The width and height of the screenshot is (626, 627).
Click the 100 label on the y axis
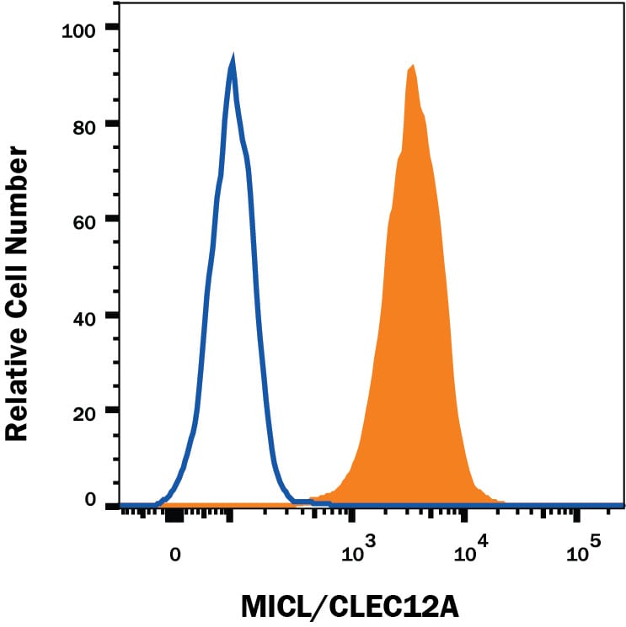[78, 31]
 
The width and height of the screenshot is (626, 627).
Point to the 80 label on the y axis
[84, 128]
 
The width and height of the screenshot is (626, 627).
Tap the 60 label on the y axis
[84, 222]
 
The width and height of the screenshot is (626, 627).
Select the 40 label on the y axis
[84, 319]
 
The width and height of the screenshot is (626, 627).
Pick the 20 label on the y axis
[84, 413]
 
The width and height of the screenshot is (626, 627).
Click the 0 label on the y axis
[90, 499]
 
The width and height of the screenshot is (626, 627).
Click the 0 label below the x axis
[175, 555]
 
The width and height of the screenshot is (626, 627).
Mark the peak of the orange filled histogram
[412, 65]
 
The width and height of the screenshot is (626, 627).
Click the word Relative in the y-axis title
[16, 372]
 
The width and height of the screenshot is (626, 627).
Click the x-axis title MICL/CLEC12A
[350, 607]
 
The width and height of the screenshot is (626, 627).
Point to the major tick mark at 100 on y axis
[112, 27]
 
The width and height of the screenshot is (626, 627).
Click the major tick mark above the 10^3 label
[351, 515]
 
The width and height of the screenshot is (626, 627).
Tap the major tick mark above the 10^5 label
[576, 515]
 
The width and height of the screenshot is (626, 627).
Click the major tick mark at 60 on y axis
[112, 219]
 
